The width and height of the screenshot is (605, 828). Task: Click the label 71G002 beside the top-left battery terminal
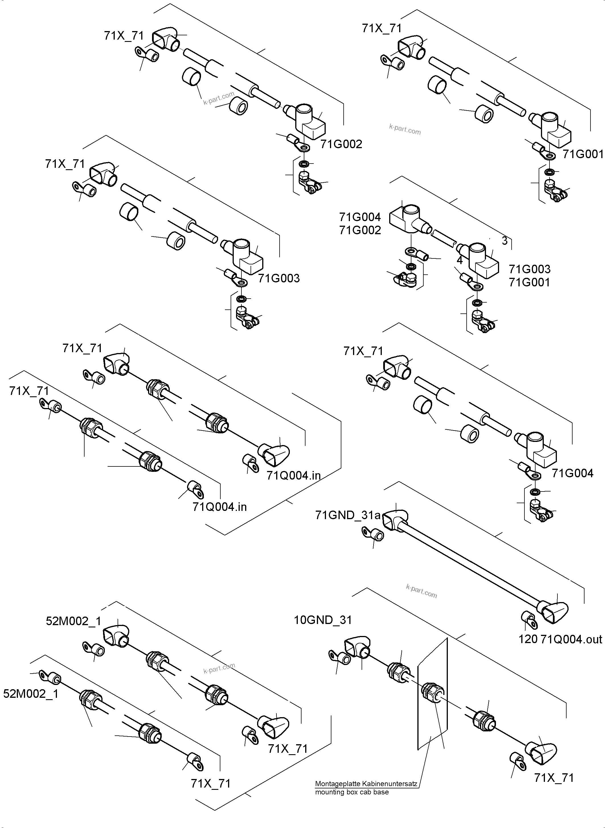click(341, 144)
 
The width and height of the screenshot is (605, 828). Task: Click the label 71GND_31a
click(348, 515)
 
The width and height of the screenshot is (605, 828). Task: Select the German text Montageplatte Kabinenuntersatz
click(366, 784)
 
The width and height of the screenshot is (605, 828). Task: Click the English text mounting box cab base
click(352, 792)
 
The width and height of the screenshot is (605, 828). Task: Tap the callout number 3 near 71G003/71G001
click(505, 241)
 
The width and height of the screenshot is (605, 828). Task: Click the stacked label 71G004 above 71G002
click(360, 217)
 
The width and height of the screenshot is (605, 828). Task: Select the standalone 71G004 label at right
click(573, 473)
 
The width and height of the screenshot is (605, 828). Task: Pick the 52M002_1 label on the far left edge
click(31, 694)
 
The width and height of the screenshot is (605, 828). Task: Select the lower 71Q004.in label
click(220, 507)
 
